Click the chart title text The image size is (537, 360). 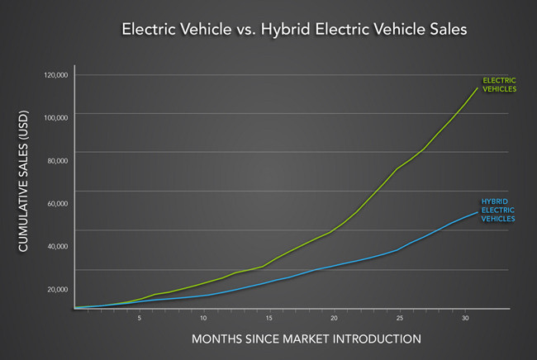pyautogui.click(x=294, y=30)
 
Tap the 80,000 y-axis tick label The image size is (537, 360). pyautogui.click(x=57, y=160)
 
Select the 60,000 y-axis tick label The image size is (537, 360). pyautogui.click(x=57, y=203)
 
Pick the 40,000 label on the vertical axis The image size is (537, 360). pyautogui.click(x=57, y=246)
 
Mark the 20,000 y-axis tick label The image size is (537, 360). pyautogui.click(x=57, y=289)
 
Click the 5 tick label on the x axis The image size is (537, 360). pyautogui.click(x=139, y=317)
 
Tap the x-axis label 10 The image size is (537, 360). pyautogui.click(x=203, y=317)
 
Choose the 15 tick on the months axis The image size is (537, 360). pyautogui.click(x=268, y=317)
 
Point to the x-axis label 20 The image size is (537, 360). pyautogui.click(x=334, y=317)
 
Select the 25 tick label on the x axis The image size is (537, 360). pyautogui.click(x=399, y=317)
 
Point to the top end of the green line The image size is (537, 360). pyautogui.click(x=478, y=87)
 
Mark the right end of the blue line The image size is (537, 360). pyautogui.click(x=478, y=211)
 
